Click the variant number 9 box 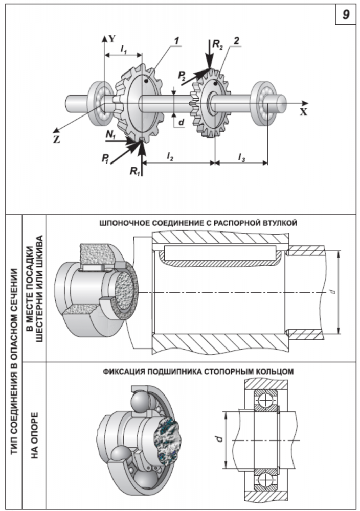point(346,15)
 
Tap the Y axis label point(113,38)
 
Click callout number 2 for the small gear point(236,39)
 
